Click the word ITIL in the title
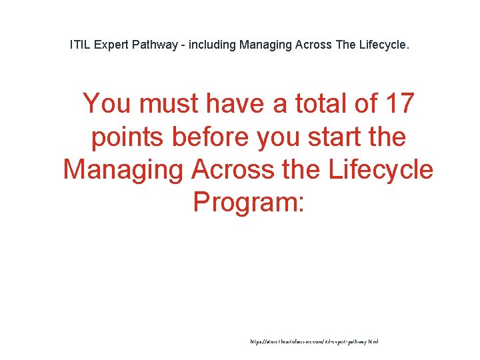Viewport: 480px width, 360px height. click(x=80, y=46)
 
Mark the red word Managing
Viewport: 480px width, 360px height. click(x=124, y=169)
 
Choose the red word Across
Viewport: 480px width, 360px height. click(x=233, y=169)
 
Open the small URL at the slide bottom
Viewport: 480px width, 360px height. click(x=313, y=341)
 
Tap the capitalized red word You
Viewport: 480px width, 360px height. click(x=107, y=104)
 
